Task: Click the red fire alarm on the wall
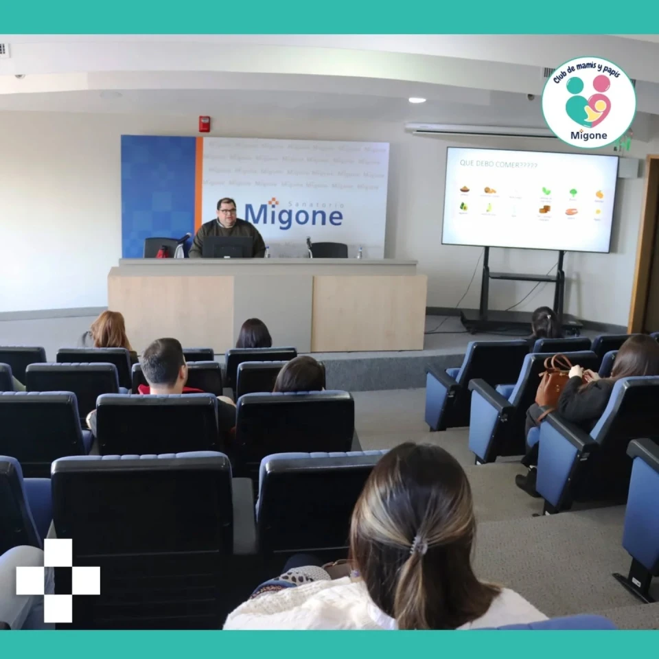point(204,124)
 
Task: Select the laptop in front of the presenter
point(227,247)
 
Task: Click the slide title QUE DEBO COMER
point(498,165)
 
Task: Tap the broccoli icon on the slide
point(573,193)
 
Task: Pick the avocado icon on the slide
point(464,206)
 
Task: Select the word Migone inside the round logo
point(588,135)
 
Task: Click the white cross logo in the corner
point(58,581)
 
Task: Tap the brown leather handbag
point(553,382)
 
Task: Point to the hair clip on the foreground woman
point(417,546)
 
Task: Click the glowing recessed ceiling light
point(417,100)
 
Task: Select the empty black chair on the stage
point(329,250)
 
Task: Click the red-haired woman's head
point(110,329)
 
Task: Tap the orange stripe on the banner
point(198,196)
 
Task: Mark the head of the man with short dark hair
point(163,362)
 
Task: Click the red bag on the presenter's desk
point(163,252)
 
